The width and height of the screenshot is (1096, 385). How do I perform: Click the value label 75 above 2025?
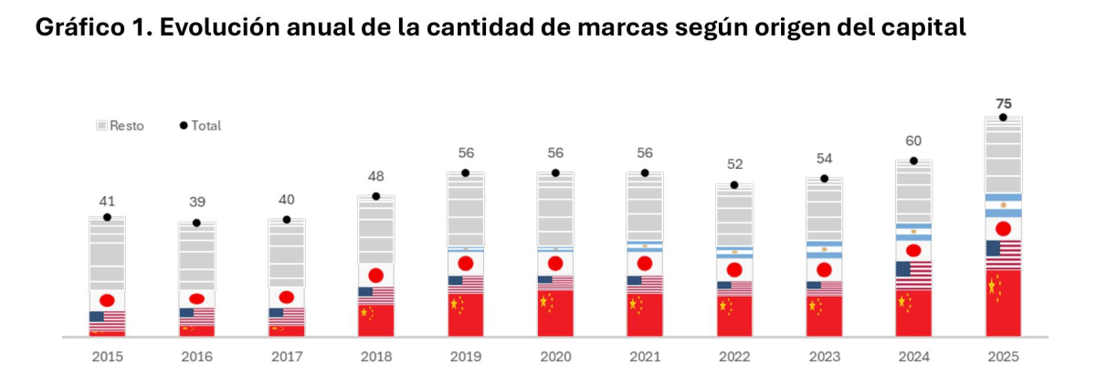(x=1003, y=103)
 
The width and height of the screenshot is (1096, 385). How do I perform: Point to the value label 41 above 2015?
(x=107, y=201)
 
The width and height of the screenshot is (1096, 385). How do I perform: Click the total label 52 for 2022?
(x=734, y=164)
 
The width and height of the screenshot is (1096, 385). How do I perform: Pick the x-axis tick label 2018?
(x=375, y=357)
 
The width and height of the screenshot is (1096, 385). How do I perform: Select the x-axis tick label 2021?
(x=645, y=357)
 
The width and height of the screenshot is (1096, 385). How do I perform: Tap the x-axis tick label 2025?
(x=1003, y=357)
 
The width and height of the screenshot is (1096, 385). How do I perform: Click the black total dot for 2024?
(x=913, y=161)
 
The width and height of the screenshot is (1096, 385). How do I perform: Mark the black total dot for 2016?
(x=196, y=224)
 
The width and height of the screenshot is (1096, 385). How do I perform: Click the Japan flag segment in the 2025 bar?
(x=1003, y=228)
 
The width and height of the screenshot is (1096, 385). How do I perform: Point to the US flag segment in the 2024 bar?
(x=913, y=275)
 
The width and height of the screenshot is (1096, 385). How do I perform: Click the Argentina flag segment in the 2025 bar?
(x=1003, y=205)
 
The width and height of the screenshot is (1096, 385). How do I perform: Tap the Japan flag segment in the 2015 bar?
(x=107, y=300)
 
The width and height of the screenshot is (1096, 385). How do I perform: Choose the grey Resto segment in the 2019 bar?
(x=465, y=210)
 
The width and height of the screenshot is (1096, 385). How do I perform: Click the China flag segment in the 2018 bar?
(x=375, y=319)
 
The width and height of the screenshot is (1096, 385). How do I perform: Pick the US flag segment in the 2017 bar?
(x=286, y=316)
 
